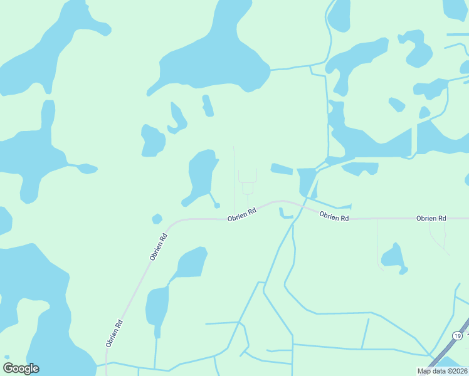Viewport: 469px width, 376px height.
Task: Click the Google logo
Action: click(21, 368)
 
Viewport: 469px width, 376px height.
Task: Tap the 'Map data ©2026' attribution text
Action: click(441, 370)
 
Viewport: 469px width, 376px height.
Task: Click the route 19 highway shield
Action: click(458, 336)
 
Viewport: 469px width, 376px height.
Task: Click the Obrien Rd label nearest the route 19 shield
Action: click(431, 218)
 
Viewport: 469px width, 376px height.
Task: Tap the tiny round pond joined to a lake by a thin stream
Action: click(217, 205)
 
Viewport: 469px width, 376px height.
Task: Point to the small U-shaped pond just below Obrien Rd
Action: click(286, 214)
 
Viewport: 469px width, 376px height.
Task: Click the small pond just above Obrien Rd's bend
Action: click(157, 219)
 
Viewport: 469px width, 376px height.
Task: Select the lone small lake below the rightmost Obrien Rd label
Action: click(394, 257)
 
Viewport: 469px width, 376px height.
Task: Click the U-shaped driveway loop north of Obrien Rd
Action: click(247, 179)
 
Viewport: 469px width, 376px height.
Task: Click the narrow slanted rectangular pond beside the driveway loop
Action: click(282, 169)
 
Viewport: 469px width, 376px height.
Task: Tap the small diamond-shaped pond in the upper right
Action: click(396, 104)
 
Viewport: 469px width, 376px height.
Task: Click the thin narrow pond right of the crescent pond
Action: click(208, 106)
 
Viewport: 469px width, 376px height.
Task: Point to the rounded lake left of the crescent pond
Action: click(152, 140)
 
